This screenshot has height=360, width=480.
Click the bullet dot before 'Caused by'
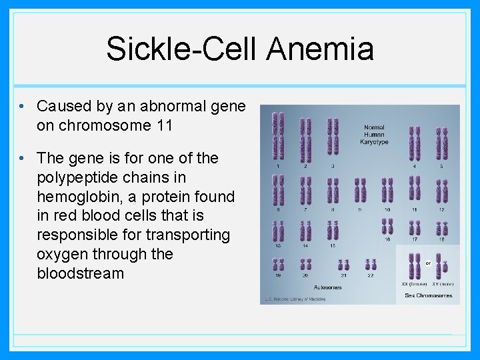coord(23,107)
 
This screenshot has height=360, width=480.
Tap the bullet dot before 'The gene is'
coord(23,159)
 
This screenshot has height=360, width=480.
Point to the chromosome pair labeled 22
coord(370,265)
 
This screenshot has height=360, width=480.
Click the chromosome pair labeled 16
coord(387,227)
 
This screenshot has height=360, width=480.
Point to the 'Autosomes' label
coord(327,287)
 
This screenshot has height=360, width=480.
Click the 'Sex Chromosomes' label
coord(427,295)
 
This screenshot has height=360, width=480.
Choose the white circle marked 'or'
coord(427,263)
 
